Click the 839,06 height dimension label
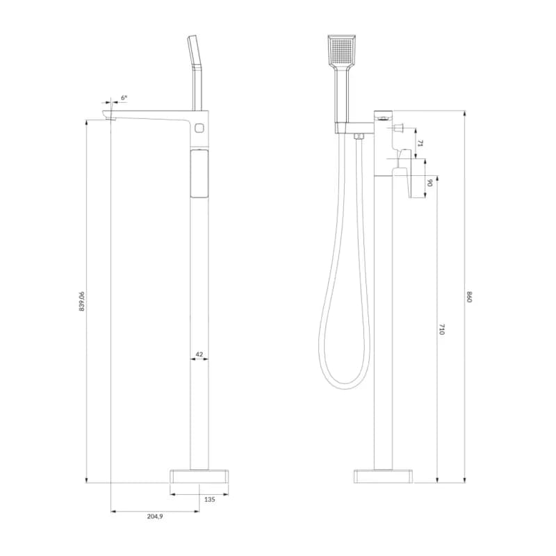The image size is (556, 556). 82,301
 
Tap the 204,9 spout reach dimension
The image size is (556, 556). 155,516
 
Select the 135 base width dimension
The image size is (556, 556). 210,499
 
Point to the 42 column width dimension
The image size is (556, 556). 199,354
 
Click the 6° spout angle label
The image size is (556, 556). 124,97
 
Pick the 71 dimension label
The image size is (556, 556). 420,143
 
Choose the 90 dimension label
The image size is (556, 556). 430,183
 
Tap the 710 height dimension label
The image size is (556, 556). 441,329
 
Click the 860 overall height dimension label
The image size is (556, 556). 470,297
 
